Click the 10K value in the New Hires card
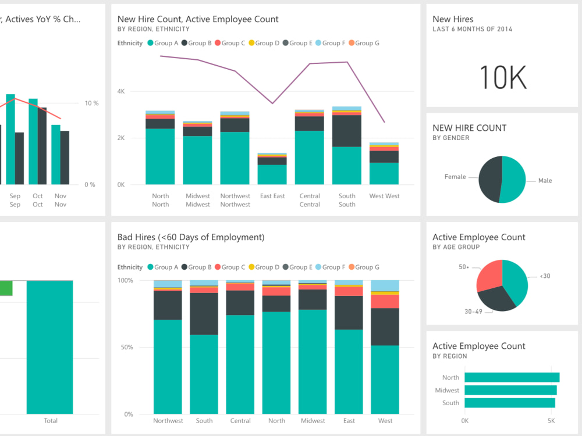coord(503,77)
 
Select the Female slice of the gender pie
coord(491,179)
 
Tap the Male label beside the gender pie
coord(545,181)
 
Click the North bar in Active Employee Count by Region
coord(512,377)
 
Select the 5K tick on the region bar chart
coord(551,420)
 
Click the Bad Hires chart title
coord(191,237)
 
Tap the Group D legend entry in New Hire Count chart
coord(264,43)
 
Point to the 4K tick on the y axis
coord(121,91)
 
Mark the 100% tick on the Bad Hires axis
coord(126,281)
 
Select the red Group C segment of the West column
coord(385,301)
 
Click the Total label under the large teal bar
coord(51,420)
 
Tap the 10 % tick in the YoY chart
coord(91,103)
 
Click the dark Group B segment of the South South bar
coord(347,131)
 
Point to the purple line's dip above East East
coord(272,103)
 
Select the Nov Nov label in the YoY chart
coord(61,201)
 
